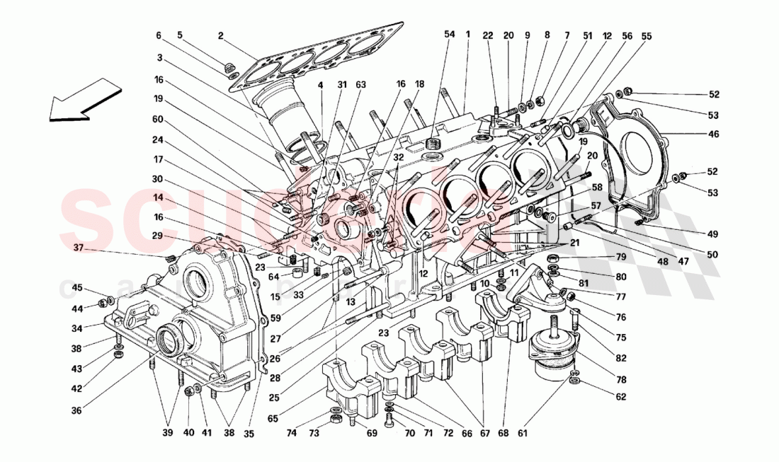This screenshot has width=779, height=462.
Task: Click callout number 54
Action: (x=450, y=34)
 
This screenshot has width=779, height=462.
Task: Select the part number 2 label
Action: (x=221, y=35)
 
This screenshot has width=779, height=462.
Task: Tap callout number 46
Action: (x=712, y=134)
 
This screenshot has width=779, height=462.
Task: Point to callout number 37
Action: (x=77, y=247)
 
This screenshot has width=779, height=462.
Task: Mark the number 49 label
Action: (x=712, y=233)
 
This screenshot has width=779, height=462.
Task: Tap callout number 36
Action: (x=76, y=410)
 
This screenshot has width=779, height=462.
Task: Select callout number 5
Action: (x=179, y=35)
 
